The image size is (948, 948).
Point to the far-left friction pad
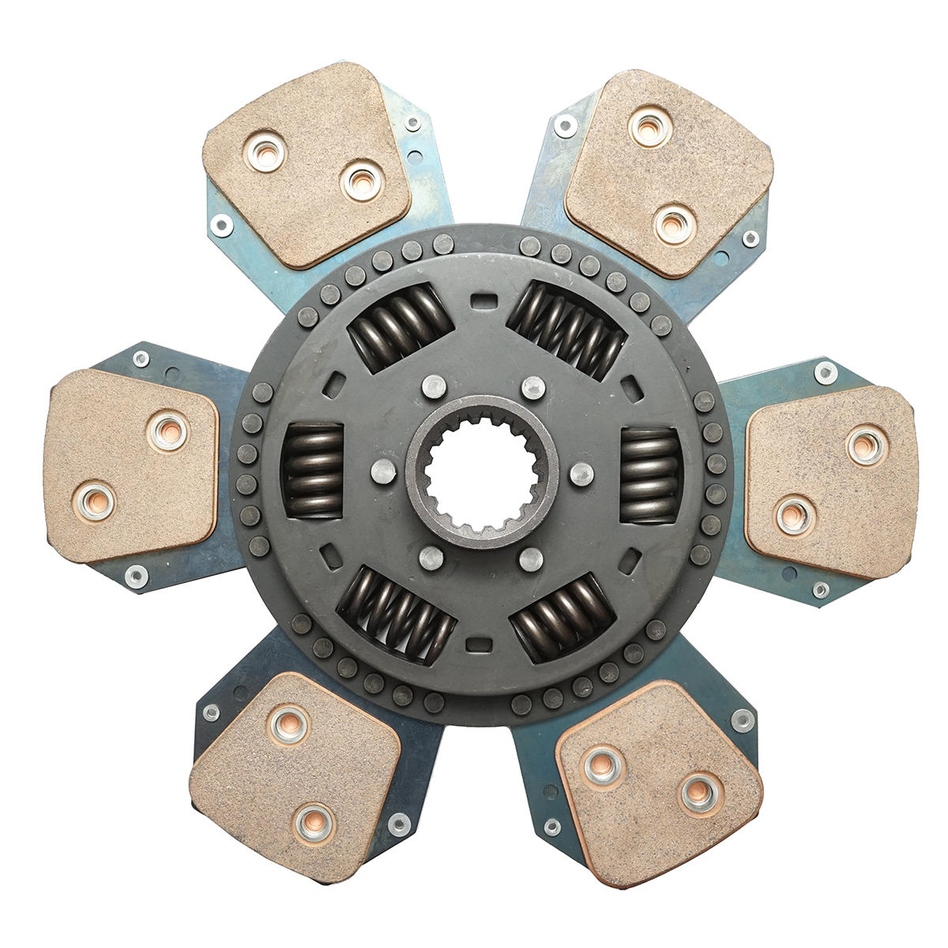point(130,466)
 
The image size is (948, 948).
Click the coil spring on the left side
point(313,471)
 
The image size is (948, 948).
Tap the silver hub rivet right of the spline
point(581,474)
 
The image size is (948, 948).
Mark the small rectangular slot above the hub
point(481,300)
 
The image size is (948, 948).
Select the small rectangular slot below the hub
point(476,644)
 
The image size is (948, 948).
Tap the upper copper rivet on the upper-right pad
point(650,126)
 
